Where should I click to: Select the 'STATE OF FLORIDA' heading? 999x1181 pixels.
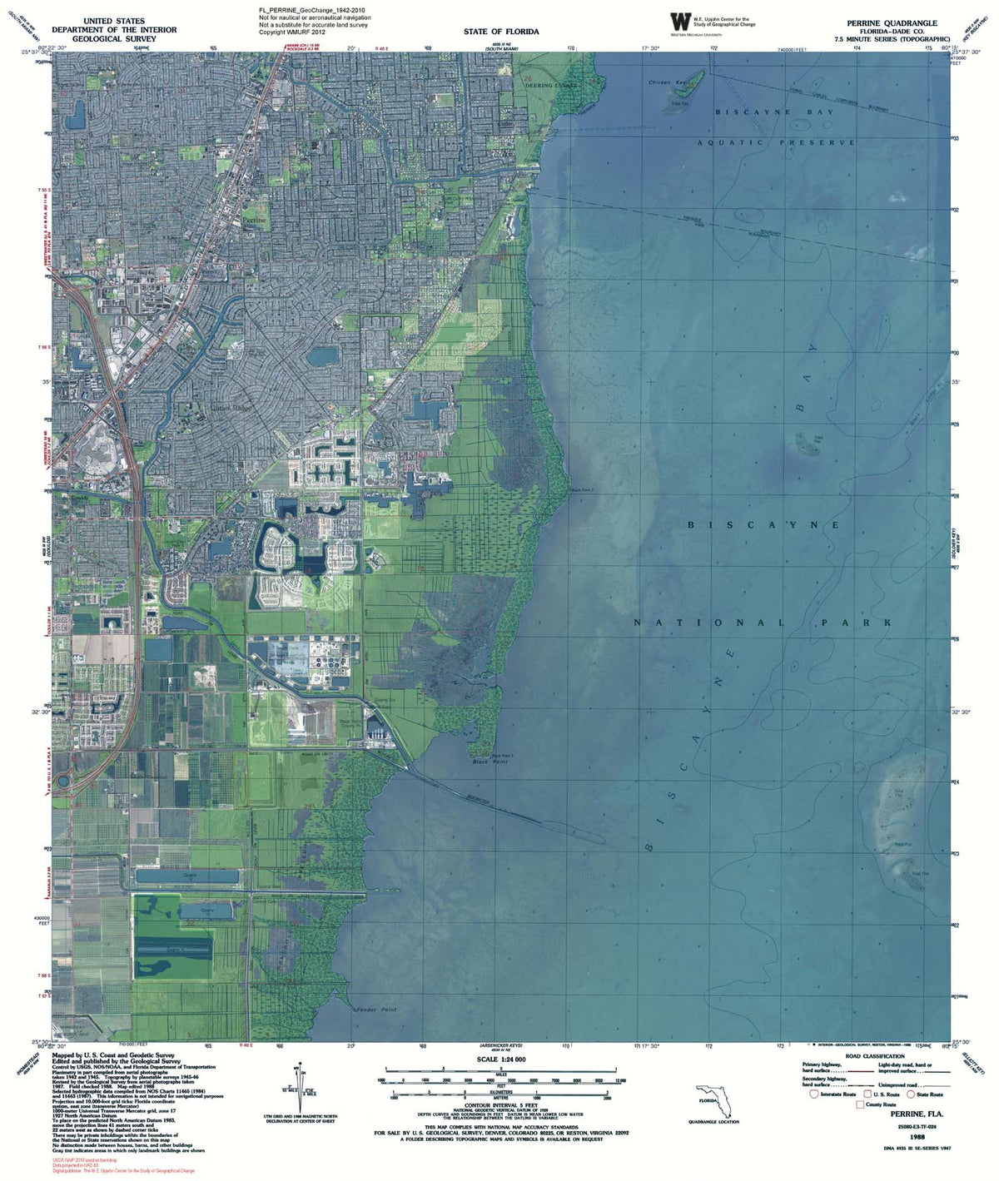coord(501,32)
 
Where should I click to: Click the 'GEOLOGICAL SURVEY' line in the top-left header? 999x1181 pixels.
coord(114,39)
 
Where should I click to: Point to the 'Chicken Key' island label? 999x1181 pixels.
coord(667,83)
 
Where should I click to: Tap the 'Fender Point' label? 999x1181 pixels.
coord(376,1010)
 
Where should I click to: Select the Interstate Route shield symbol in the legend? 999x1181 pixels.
coord(814,1094)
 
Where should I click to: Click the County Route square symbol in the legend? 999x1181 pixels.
coord(860,1104)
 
